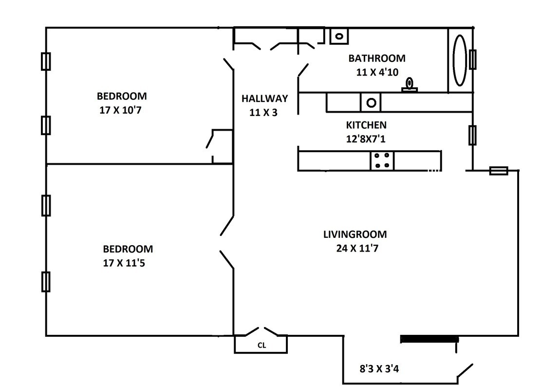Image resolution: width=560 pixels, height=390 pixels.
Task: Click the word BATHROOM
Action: click(376, 58)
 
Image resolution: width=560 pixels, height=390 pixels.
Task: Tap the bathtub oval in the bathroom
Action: click(460, 60)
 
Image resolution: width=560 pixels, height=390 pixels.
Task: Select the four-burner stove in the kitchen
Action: click(382, 160)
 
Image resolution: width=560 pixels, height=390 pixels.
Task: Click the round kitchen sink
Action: click(371, 103)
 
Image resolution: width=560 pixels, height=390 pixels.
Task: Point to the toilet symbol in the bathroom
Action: click(410, 85)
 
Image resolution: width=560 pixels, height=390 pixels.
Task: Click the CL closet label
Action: click(261, 345)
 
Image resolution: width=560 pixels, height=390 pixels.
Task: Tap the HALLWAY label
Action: click(264, 98)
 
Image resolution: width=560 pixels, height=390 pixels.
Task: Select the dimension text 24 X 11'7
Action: click(357, 248)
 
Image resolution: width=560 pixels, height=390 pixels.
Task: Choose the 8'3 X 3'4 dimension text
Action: click(379, 369)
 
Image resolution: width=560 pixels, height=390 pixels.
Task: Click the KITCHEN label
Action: click(366, 125)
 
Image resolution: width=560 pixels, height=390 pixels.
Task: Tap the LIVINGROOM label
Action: click(355, 234)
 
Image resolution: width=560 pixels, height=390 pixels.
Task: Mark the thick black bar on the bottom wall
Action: click(429, 339)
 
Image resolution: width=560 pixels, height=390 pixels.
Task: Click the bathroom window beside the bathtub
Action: click(472, 59)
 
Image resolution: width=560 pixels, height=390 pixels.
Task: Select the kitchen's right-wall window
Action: click(472, 135)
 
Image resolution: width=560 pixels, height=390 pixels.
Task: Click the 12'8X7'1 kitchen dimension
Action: click(366, 139)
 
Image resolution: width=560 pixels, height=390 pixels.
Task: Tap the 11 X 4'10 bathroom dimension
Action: click(377, 72)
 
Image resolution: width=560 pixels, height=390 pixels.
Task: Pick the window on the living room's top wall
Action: click(498, 171)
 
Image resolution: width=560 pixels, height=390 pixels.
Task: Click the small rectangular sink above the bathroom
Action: click(338, 36)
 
